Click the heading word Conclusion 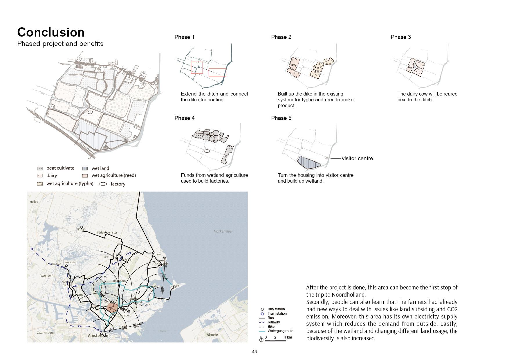[x=51, y=33]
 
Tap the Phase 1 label [x=184, y=37]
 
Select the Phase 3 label [x=400, y=37]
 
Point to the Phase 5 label [x=281, y=118]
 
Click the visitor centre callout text [x=357, y=159]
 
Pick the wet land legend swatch [x=85, y=168]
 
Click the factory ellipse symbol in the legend [x=103, y=184]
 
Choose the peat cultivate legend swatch [x=40, y=168]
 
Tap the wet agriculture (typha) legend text [x=70, y=183]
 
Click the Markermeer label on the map [x=223, y=231]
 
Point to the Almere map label [x=212, y=334]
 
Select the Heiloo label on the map [x=34, y=201]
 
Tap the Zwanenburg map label [x=46, y=333]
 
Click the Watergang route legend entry [x=280, y=331]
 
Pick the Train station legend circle [x=262, y=314]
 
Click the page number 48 [x=254, y=352]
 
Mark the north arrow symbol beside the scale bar [x=261, y=339]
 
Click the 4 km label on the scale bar [x=288, y=337]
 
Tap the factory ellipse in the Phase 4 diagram [x=207, y=151]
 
